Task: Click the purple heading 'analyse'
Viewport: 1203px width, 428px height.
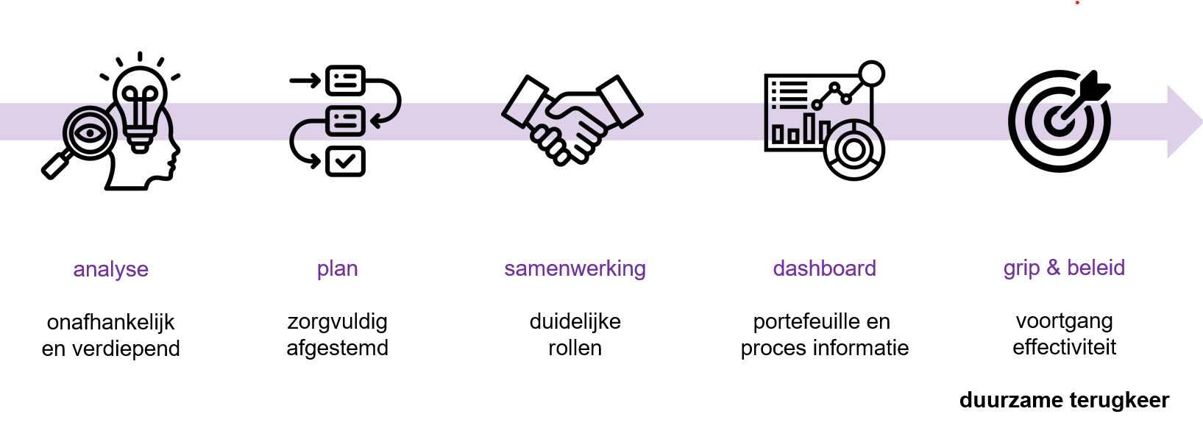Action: click(x=110, y=270)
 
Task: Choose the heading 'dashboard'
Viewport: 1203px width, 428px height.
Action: click(x=824, y=268)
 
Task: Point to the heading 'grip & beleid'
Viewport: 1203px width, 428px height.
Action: click(x=1064, y=268)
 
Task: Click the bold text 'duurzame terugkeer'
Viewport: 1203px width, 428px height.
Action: click(x=1064, y=400)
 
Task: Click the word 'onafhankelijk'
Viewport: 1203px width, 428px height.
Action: click(x=110, y=323)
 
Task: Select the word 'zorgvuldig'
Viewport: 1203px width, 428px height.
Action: click(x=337, y=322)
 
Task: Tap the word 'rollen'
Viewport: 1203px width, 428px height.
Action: click(x=575, y=348)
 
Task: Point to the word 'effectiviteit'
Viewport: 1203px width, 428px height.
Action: click(x=1064, y=347)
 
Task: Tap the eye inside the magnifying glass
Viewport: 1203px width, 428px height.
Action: click(x=89, y=132)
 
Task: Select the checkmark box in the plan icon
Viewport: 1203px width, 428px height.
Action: click(x=345, y=161)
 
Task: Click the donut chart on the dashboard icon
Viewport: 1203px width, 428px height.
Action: click(x=854, y=150)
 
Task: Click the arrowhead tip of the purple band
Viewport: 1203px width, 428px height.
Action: click(x=1202, y=122)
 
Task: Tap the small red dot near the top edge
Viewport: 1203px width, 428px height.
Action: click(x=1077, y=3)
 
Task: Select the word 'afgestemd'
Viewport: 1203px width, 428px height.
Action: click(x=337, y=349)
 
